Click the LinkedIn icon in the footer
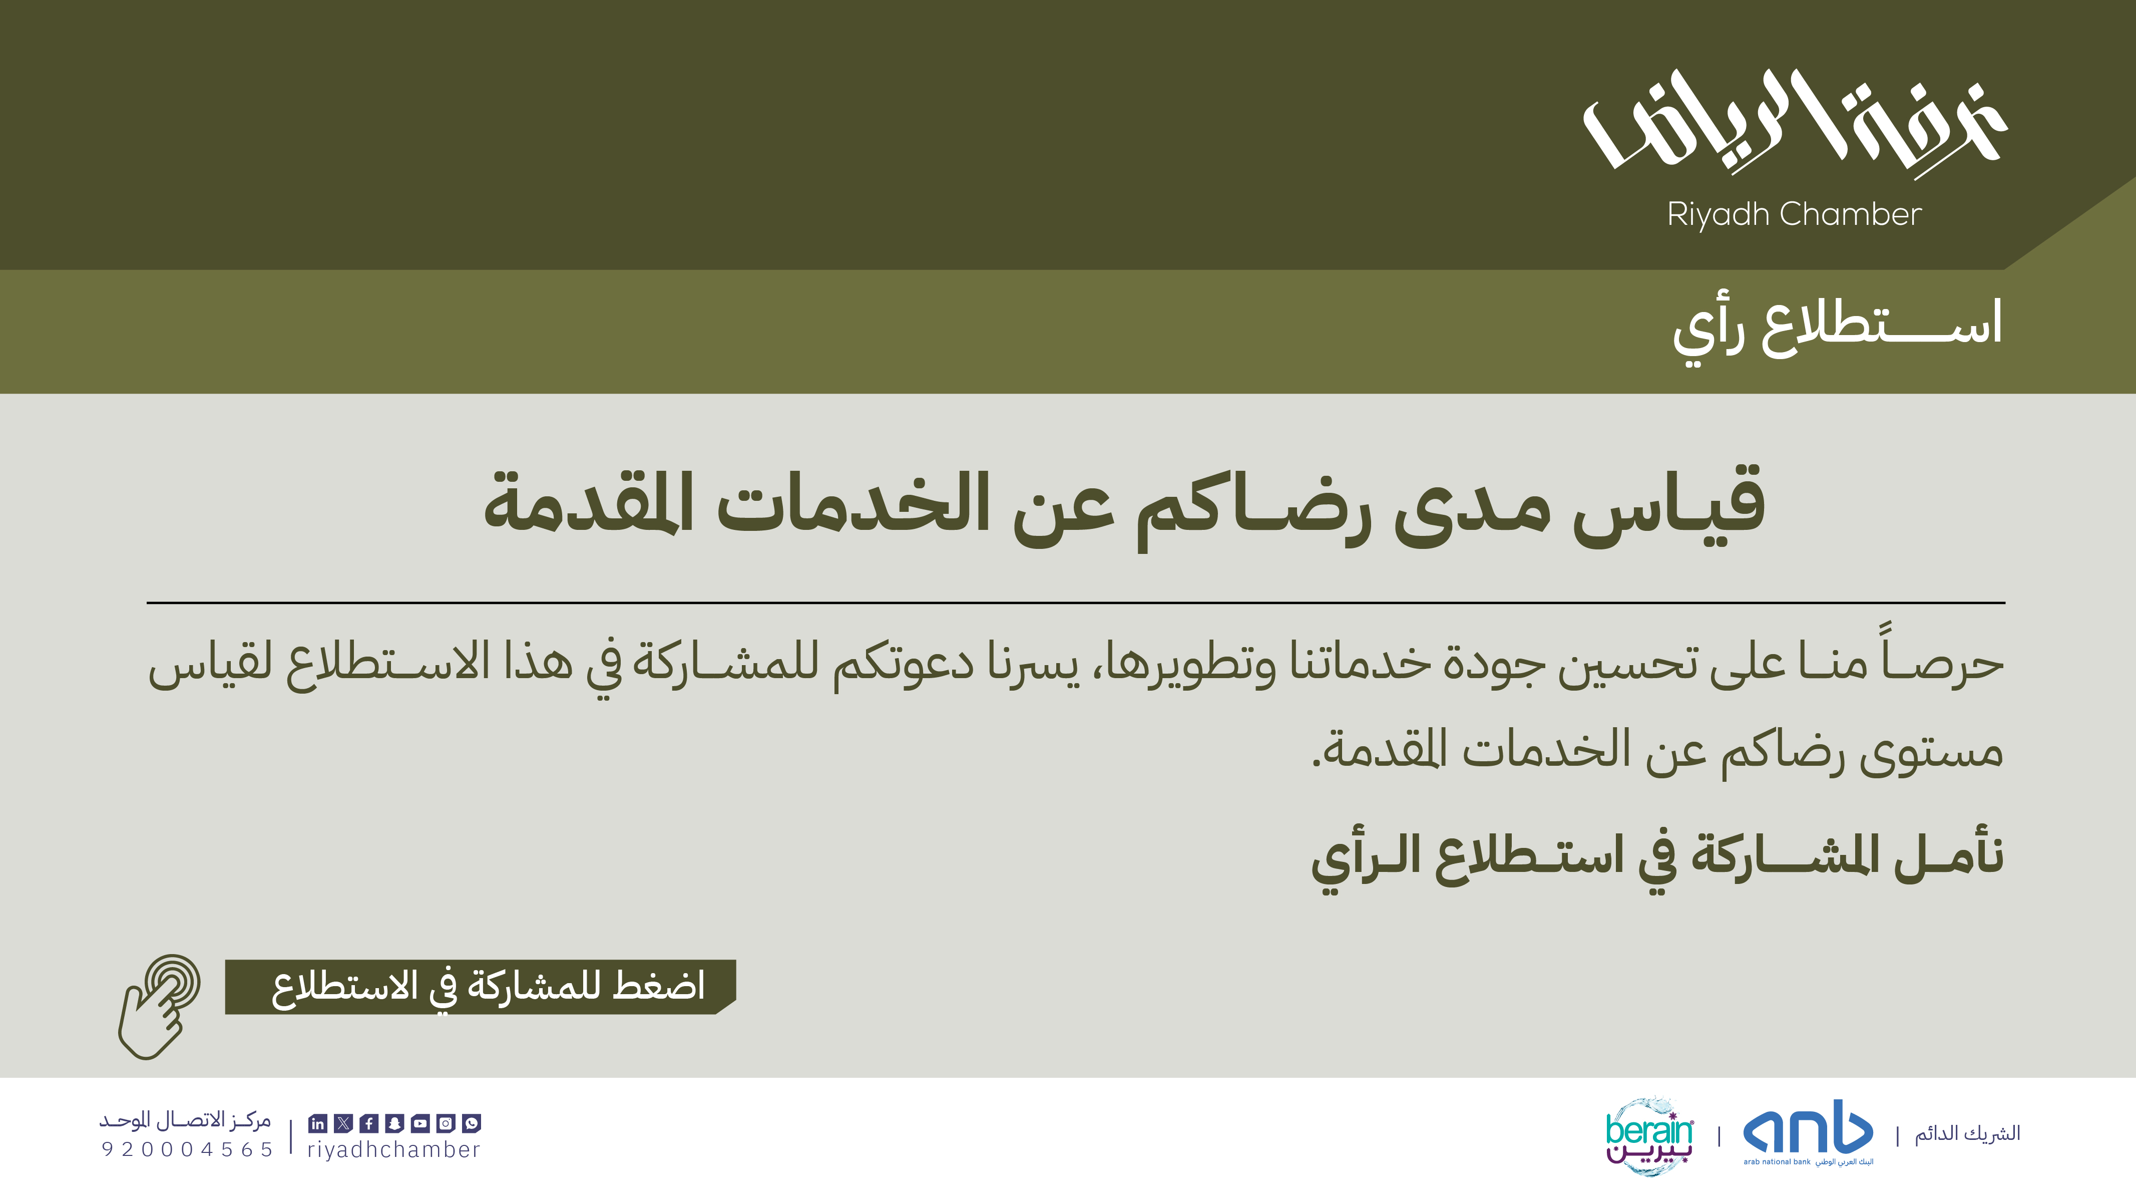click(317, 1123)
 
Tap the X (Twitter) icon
click(343, 1123)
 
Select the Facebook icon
click(369, 1123)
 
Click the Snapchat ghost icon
click(394, 1123)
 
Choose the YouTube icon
click(420, 1123)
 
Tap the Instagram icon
click(446, 1123)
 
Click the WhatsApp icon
click(472, 1123)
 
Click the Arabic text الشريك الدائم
click(1967, 1133)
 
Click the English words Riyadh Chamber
click(1795, 214)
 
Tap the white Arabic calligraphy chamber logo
click(1795, 123)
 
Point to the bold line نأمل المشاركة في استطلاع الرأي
click(1657, 859)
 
